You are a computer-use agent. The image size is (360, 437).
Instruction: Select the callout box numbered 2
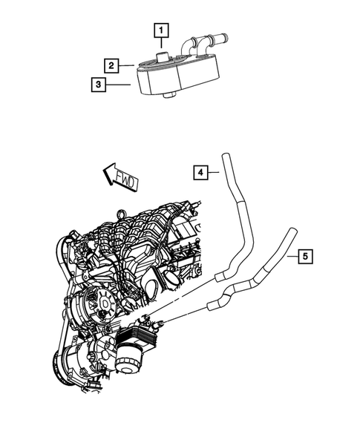[109, 65]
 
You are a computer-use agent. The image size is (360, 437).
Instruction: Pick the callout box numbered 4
[200, 173]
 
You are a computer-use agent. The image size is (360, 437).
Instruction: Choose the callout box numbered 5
[305, 257]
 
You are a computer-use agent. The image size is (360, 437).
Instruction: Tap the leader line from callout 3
[119, 85]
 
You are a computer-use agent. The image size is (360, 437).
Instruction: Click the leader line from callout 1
[162, 45]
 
